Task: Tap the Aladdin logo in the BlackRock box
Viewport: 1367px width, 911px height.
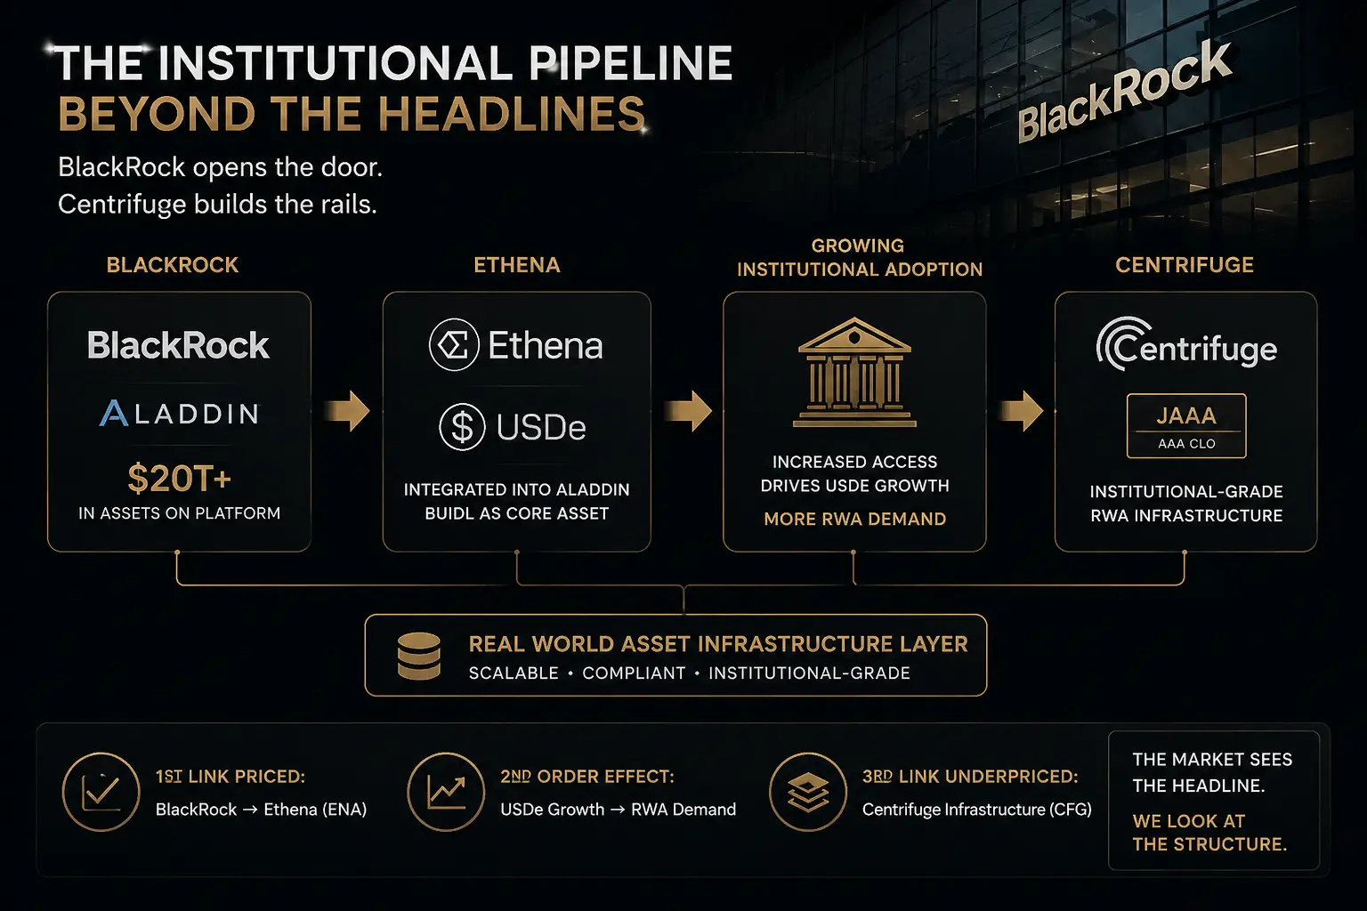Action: pos(179,413)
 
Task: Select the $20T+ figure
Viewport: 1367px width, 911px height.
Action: pos(180,478)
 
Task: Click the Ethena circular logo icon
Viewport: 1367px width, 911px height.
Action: pos(453,345)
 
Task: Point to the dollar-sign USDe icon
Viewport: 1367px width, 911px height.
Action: pos(462,426)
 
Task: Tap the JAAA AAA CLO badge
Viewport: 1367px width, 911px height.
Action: pos(1186,426)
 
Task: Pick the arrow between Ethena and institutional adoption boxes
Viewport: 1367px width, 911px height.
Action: pos(688,411)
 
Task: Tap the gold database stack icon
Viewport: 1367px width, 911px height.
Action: pos(418,656)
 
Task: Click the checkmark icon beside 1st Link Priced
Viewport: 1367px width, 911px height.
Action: pos(101,792)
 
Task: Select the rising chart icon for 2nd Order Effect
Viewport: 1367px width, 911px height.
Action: pos(446,792)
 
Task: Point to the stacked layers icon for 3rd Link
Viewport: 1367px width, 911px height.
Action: pos(808,792)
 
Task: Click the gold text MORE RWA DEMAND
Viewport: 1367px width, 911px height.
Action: pos(855,519)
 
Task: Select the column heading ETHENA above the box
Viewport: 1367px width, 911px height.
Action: pos(517,265)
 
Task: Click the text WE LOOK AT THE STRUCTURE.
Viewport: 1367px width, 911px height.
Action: pos(1209,833)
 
